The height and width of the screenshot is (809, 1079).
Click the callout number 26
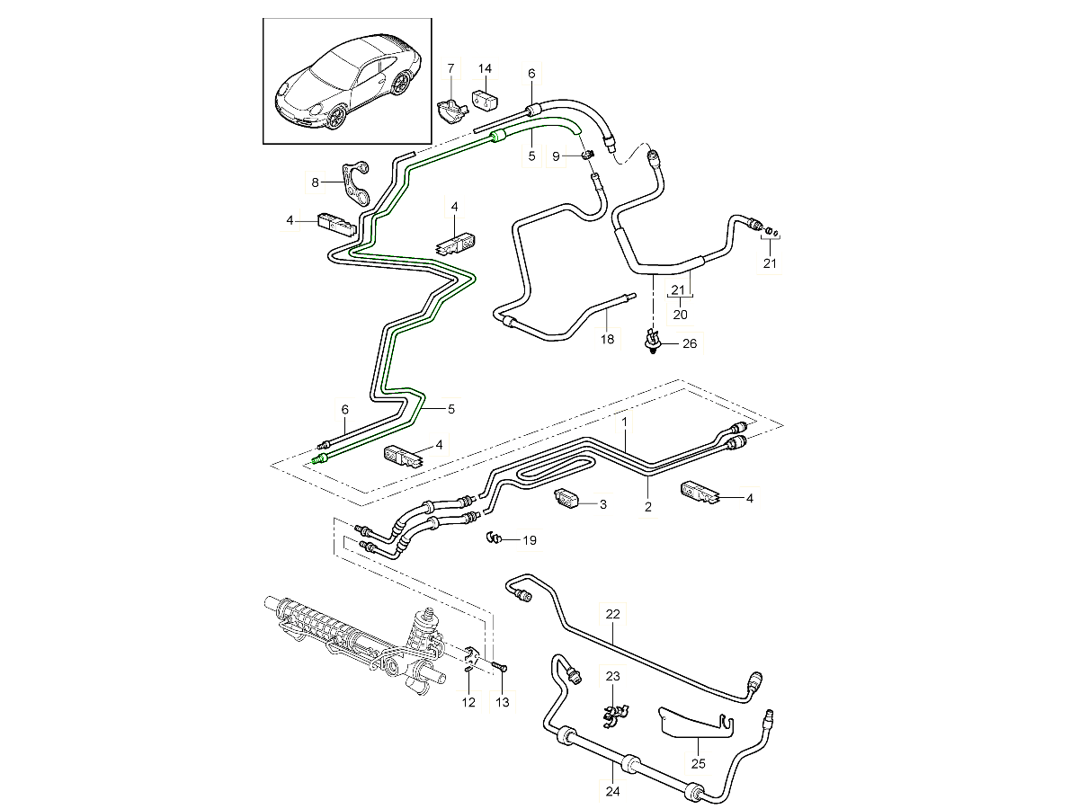pyautogui.click(x=690, y=343)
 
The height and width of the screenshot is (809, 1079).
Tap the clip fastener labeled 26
pyautogui.click(x=652, y=341)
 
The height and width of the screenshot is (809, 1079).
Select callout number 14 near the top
pyautogui.click(x=485, y=68)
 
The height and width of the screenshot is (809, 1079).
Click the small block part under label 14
pyautogui.click(x=486, y=95)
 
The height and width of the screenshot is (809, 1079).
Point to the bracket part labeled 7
pyautogui.click(x=450, y=109)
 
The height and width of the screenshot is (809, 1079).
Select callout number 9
pyautogui.click(x=557, y=156)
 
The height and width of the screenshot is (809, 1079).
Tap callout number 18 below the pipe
pyautogui.click(x=608, y=339)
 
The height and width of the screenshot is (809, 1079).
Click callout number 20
pyautogui.click(x=681, y=315)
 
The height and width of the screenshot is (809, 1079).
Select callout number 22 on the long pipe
pyautogui.click(x=613, y=615)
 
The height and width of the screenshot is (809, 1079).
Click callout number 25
pyautogui.click(x=699, y=765)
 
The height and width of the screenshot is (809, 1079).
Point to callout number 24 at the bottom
pyautogui.click(x=613, y=792)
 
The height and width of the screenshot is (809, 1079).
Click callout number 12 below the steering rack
pyautogui.click(x=468, y=702)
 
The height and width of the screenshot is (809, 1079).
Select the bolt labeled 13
pyautogui.click(x=500, y=666)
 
